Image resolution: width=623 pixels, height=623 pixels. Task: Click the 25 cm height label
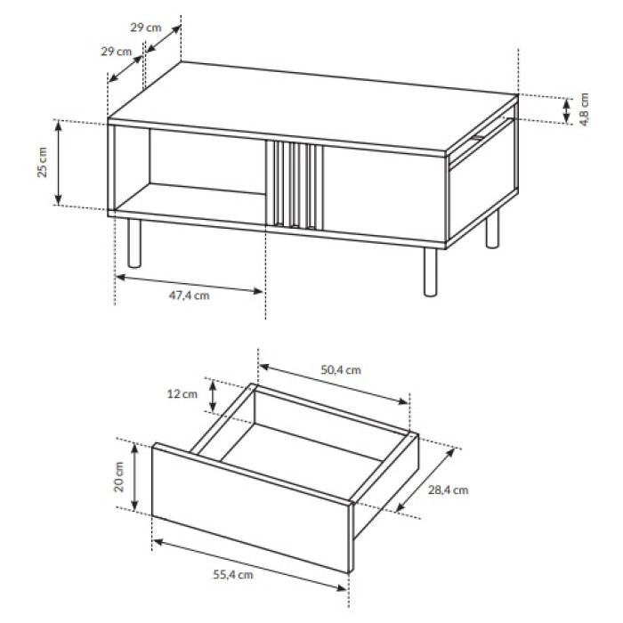point(42,162)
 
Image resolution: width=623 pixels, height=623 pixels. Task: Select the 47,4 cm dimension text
point(189,295)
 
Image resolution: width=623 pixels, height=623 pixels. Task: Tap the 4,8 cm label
point(584,109)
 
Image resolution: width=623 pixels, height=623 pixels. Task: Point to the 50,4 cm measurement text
point(341,370)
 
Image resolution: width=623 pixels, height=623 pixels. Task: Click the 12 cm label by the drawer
point(182,394)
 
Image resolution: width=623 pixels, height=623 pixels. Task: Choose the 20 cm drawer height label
point(119,477)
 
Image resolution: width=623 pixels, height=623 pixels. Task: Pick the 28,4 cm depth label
point(449,489)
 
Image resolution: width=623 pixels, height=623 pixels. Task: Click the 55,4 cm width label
point(233,575)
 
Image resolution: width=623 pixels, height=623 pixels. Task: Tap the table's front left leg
point(134,243)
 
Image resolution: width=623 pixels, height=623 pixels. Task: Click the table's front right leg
point(430,272)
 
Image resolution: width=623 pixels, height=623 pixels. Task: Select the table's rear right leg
point(492,230)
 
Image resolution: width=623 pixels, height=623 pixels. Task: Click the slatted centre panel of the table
point(295,185)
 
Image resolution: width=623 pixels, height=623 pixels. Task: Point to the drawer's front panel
point(252,507)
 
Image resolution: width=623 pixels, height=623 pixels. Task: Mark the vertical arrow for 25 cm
point(59,163)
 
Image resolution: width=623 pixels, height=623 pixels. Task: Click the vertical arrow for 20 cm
point(135,477)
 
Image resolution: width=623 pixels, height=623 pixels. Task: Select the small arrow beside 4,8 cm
point(567,110)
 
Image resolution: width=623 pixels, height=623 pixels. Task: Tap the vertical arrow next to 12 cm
point(213,396)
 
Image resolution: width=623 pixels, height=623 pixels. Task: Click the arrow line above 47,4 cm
point(189,285)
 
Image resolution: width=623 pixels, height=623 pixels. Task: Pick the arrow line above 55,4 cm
point(250,564)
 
